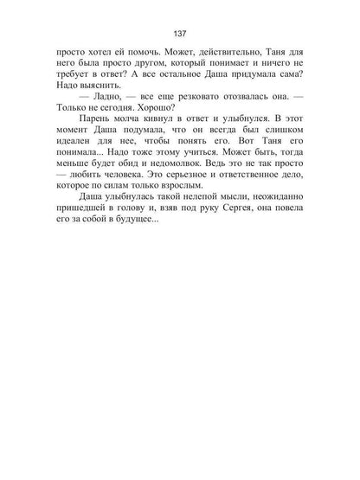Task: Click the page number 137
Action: click(180, 35)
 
